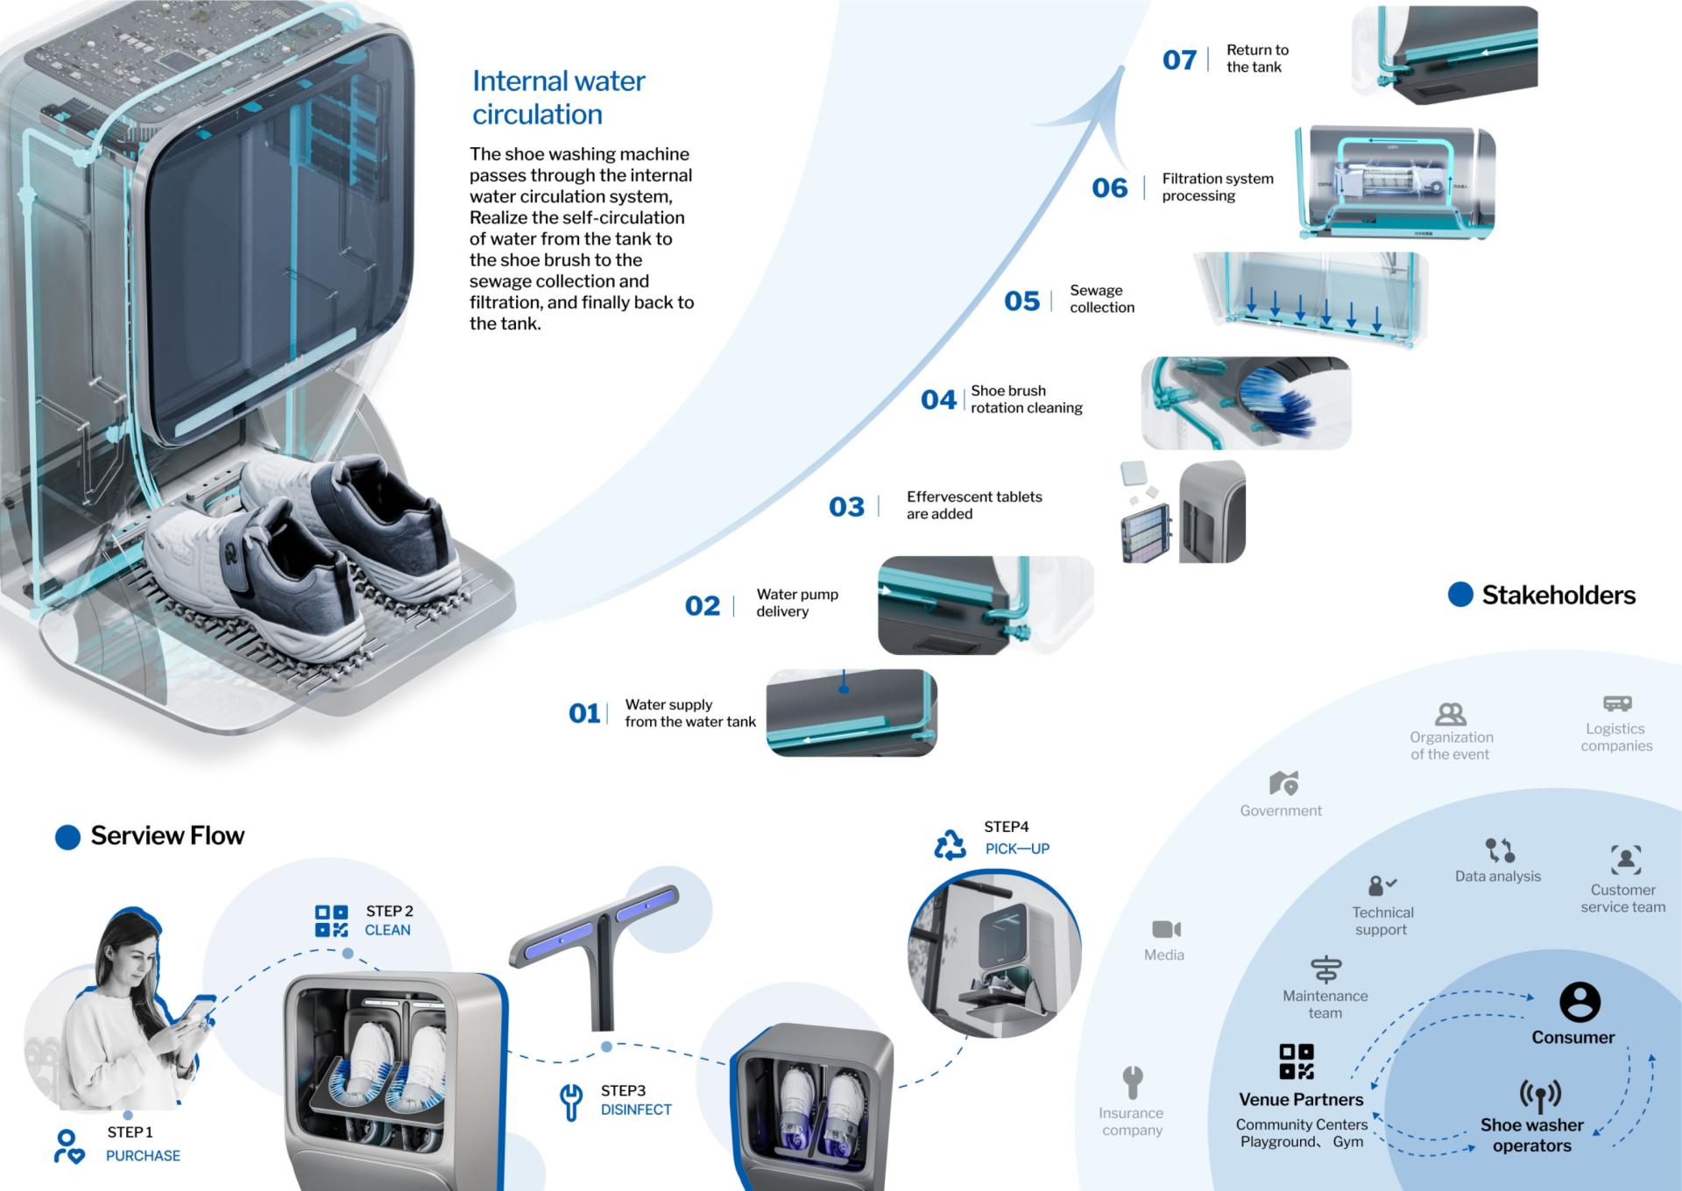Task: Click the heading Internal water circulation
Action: pyautogui.click(x=558, y=97)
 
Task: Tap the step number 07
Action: pyautogui.click(x=1179, y=60)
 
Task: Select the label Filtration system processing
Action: pyautogui.click(x=1217, y=187)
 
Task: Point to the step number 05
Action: pyautogui.click(x=1021, y=301)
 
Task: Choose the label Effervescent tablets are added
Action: pyautogui.click(x=973, y=505)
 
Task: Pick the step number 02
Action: pyautogui.click(x=703, y=606)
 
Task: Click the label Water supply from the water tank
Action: pyautogui.click(x=689, y=713)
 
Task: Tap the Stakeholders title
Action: pyautogui.click(x=1558, y=595)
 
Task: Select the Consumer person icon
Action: pyautogui.click(x=1580, y=1002)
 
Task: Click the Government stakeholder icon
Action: pyautogui.click(x=1283, y=783)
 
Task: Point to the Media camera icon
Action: pyautogui.click(x=1166, y=929)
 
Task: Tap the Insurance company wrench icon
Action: pyautogui.click(x=1133, y=1082)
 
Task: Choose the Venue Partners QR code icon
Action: pyautogui.click(x=1297, y=1061)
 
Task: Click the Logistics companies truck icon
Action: pyautogui.click(x=1617, y=703)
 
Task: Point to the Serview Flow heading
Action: pyautogui.click(x=166, y=836)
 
